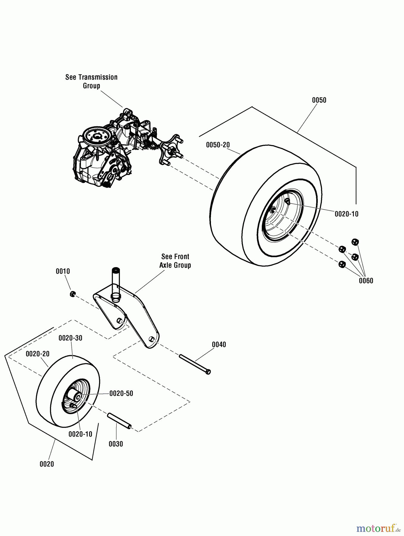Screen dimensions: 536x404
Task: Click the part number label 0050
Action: click(x=319, y=100)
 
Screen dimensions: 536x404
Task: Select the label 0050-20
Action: click(x=218, y=145)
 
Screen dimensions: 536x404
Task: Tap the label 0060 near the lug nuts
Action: click(x=366, y=281)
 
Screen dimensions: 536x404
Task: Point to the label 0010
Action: click(x=63, y=271)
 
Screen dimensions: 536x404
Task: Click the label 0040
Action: click(x=219, y=345)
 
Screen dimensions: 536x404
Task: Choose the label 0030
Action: click(x=116, y=444)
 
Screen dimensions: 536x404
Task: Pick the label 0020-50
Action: click(x=121, y=393)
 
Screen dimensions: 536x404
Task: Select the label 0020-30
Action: click(x=70, y=338)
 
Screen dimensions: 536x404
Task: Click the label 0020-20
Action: click(x=37, y=354)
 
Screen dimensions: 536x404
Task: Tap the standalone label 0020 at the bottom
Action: click(x=47, y=464)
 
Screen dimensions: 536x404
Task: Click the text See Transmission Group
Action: click(x=91, y=81)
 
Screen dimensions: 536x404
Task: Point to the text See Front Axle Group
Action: click(x=175, y=261)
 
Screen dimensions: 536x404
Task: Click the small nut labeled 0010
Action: click(x=72, y=294)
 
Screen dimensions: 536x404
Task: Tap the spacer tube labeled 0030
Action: click(x=119, y=420)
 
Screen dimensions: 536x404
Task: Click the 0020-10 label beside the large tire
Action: click(x=346, y=214)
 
